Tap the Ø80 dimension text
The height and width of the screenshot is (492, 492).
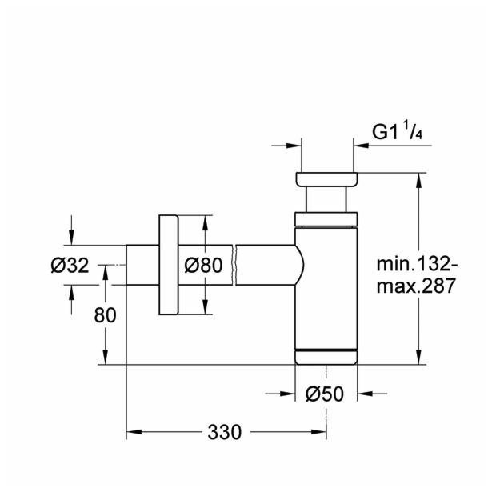tap(202, 266)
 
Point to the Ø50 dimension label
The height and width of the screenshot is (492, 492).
tap(326, 394)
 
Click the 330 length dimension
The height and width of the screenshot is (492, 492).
tap(225, 433)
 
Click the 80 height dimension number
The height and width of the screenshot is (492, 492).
tap(105, 314)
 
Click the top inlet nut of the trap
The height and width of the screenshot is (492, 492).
tap(326, 179)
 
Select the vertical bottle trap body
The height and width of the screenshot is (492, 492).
tap(326, 288)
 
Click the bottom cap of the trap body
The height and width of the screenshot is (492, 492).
tap(326, 357)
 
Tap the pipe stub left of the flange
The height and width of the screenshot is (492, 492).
tap(142, 265)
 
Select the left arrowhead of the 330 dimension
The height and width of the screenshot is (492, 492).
tap(134, 433)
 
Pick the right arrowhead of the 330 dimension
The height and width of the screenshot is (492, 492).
tap(320, 433)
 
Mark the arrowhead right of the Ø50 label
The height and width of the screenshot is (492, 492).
tap(364, 394)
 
